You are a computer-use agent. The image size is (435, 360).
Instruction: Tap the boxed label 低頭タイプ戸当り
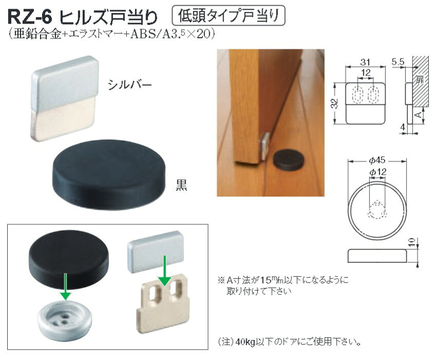(228, 15)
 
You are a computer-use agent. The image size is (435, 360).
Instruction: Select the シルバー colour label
(130, 84)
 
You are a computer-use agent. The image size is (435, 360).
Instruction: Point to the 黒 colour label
(182, 185)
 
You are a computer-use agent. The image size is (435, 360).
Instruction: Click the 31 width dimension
(365, 62)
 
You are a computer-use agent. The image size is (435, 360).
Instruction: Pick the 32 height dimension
(335, 103)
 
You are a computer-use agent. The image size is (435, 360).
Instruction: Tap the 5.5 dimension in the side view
(398, 62)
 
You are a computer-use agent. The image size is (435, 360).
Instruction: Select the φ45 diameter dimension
(377, 160)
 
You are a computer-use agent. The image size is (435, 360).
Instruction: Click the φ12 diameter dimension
(378, 172)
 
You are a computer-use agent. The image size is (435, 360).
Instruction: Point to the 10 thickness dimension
(412, 242)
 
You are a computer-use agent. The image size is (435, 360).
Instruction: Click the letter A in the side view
(419, 115)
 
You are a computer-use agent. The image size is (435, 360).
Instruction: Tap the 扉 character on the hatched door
(420, 80)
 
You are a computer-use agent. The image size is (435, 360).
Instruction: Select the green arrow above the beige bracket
(165, 271)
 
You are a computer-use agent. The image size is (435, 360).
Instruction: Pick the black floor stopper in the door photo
(288, 160)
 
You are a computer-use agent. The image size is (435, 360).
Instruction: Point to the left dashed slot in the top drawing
(358, 94)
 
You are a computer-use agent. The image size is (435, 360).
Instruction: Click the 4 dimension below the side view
(403, 127)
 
